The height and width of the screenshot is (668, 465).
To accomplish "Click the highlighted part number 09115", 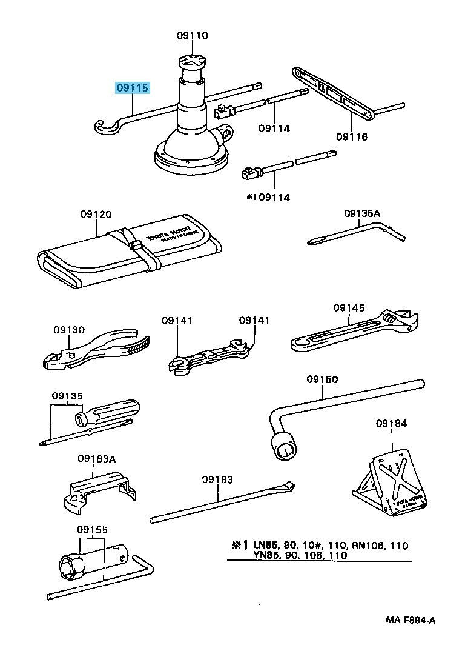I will [132, 89].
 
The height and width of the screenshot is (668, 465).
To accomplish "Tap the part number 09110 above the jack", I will [193, 36].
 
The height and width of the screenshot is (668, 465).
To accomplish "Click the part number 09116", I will [352, 138].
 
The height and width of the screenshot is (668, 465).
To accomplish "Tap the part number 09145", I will [349, 308].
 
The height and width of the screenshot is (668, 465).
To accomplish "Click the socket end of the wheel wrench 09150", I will [285, 449].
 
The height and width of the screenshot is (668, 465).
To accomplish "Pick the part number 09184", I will [391, 423].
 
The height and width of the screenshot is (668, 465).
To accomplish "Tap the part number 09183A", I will [96, 459].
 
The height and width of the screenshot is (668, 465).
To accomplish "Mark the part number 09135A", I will [362, 213].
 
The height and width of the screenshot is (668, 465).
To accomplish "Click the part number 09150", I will [322, 379].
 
